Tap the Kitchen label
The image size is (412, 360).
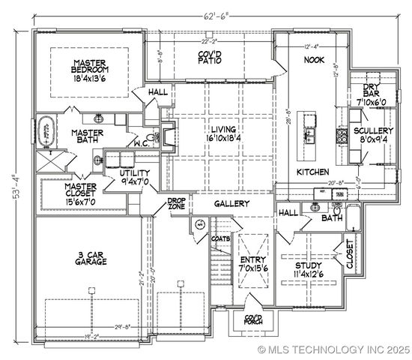click(312, 172)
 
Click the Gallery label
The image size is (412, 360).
click(232, 203)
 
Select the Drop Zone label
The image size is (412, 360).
click(176, 204)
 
